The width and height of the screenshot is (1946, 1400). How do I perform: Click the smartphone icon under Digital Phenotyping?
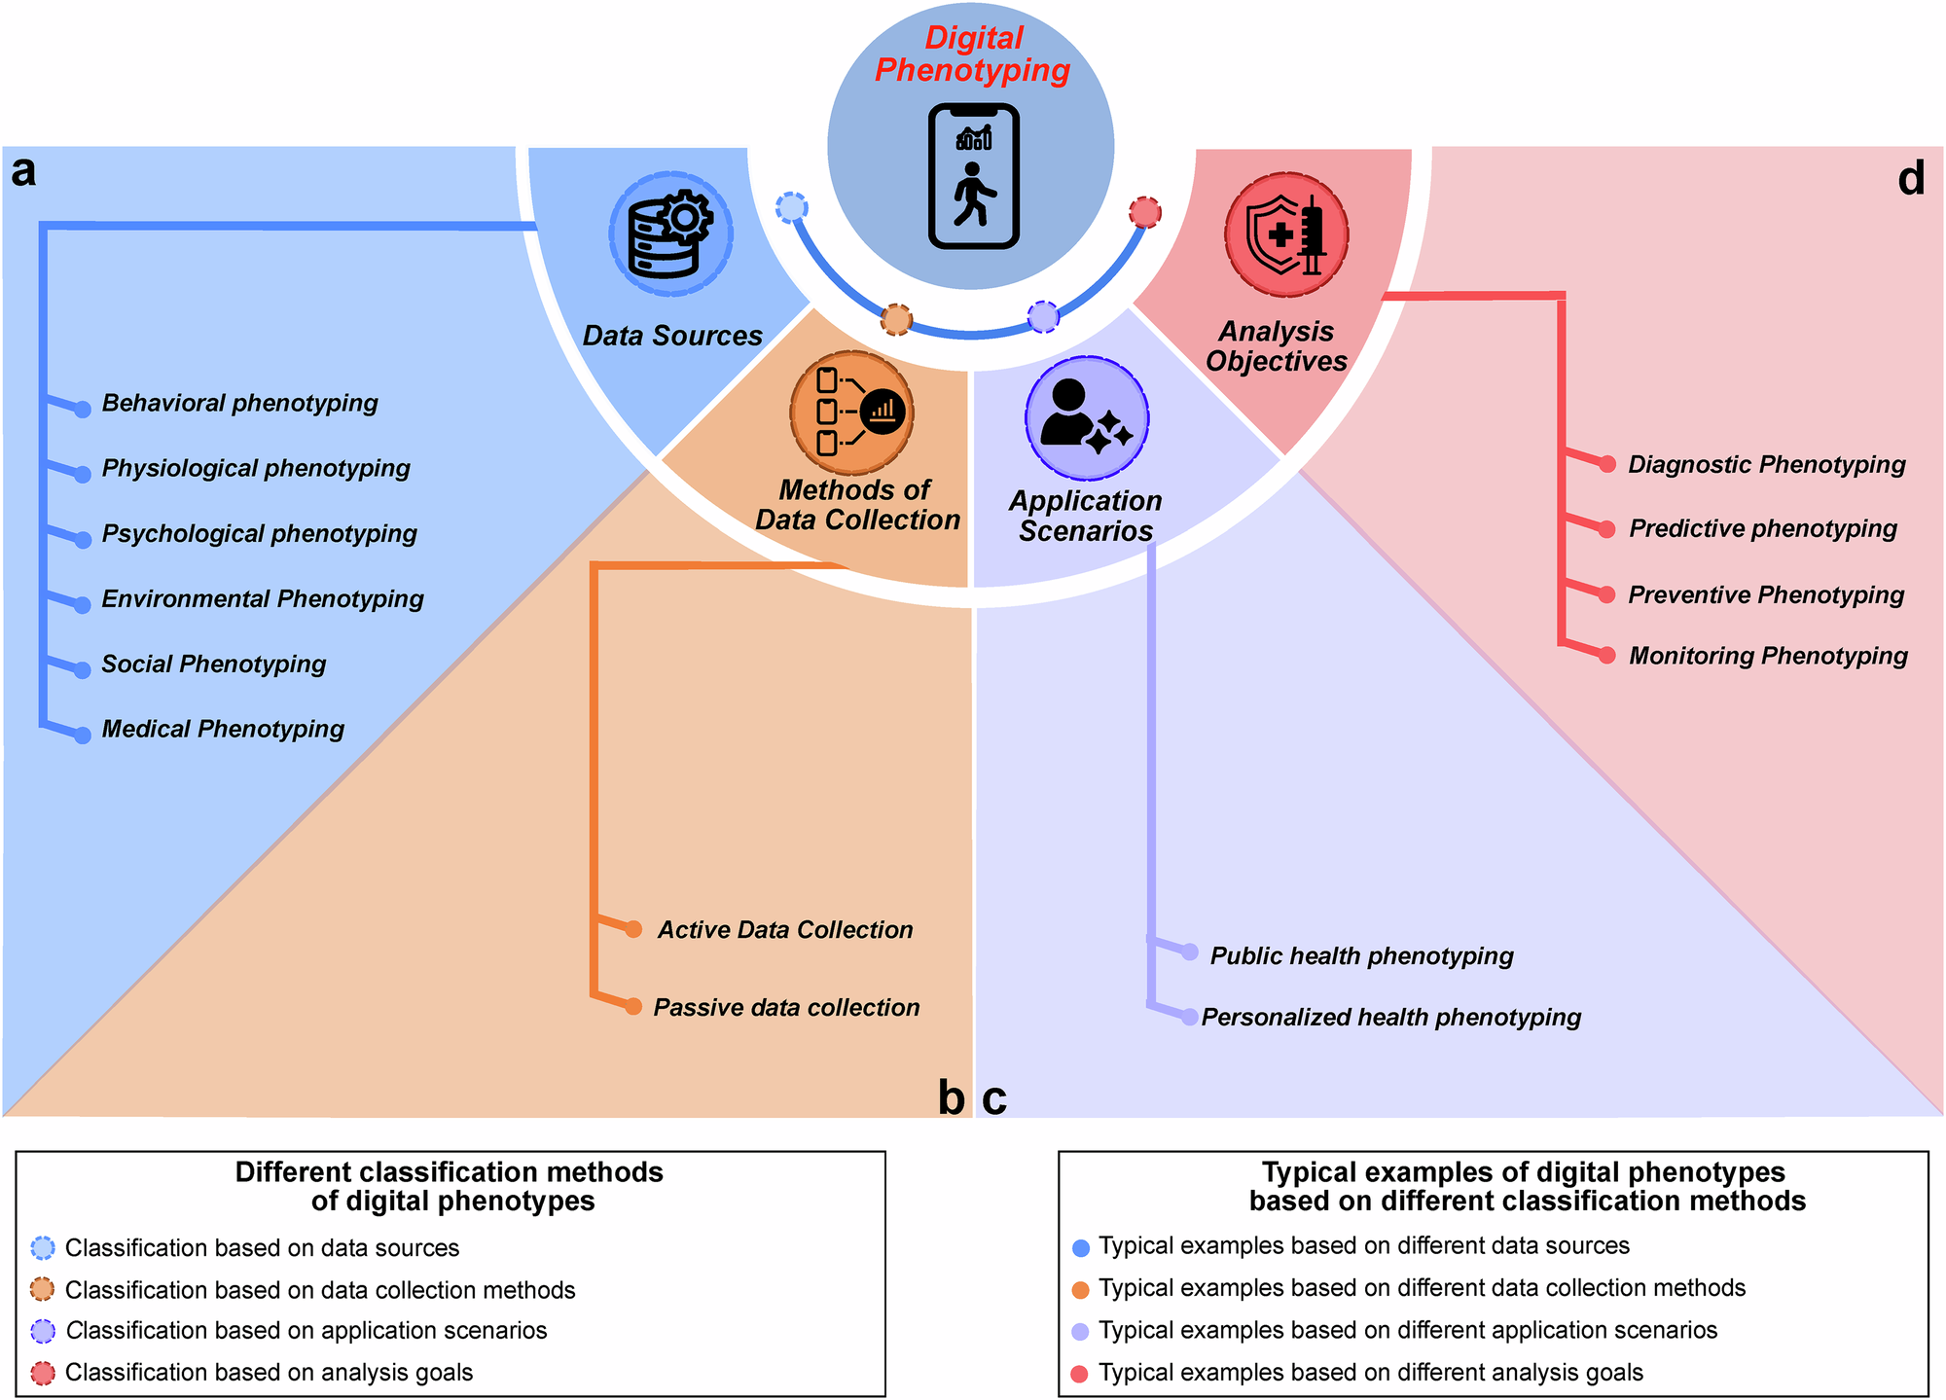[x=973, y=176]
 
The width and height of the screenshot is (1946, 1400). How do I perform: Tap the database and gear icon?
[x=671, y=234]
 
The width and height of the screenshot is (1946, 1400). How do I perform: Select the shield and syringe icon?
[x=1286, y=234]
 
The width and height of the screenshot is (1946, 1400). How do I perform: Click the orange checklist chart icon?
[x=851, y=413]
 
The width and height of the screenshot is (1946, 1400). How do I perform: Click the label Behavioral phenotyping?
[x=239, y=403]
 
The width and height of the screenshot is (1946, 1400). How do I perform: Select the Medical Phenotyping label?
[x=223, y=729]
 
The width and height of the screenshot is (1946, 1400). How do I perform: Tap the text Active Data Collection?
[x=785, y=930]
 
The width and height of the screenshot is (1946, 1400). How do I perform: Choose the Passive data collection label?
[x=786, y=1008]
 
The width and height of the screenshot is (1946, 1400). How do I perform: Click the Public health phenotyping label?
[x=1361, y=955]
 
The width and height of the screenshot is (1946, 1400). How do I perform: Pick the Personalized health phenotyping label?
[x=1390, y=1017]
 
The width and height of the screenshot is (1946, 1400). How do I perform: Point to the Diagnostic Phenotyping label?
[x=1766, y=464]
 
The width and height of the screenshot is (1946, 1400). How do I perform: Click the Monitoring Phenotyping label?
[x=1768, y=656]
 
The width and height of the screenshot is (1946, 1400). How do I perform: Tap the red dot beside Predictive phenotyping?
[x=1608, y=529]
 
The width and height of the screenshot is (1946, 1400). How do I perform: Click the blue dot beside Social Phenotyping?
[x=83, y=670]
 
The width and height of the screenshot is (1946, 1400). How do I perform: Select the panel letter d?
[x=1911, y=179]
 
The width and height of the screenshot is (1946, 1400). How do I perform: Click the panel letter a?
[x=23, y=171]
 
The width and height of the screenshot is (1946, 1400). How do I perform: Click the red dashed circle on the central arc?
[x=1145, y=211]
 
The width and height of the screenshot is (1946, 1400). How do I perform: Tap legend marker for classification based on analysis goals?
[x=43, y=1373]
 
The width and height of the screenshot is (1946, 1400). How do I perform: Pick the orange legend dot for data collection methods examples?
[x=1079, y=1290]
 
